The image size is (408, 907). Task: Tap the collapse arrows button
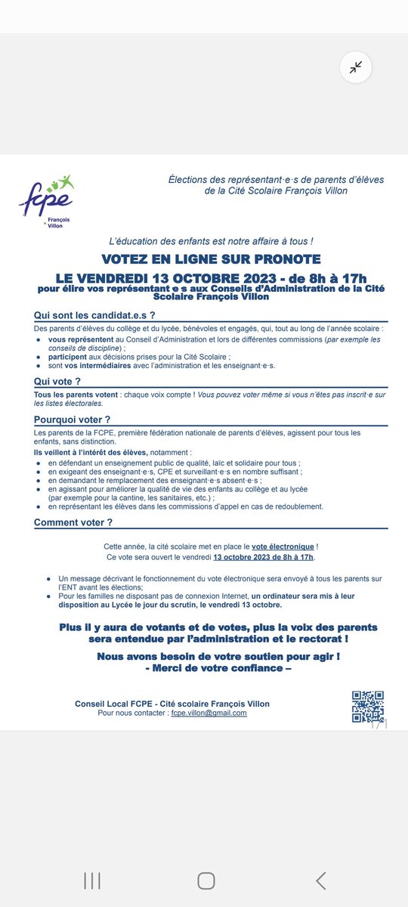point(355,67)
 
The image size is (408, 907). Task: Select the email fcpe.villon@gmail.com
point(209,713)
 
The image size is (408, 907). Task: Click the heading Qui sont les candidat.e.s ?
point(95,315)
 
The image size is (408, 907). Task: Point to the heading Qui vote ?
point(58,382)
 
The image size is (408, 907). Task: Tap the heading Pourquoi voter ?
point(73,419)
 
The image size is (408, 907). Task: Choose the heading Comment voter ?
point(73,522)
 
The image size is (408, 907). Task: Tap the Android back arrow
point(321,880)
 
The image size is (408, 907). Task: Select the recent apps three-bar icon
point(92,880)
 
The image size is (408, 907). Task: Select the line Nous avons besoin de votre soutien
point(218,656)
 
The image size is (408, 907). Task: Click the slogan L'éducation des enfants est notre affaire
point(211,240)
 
